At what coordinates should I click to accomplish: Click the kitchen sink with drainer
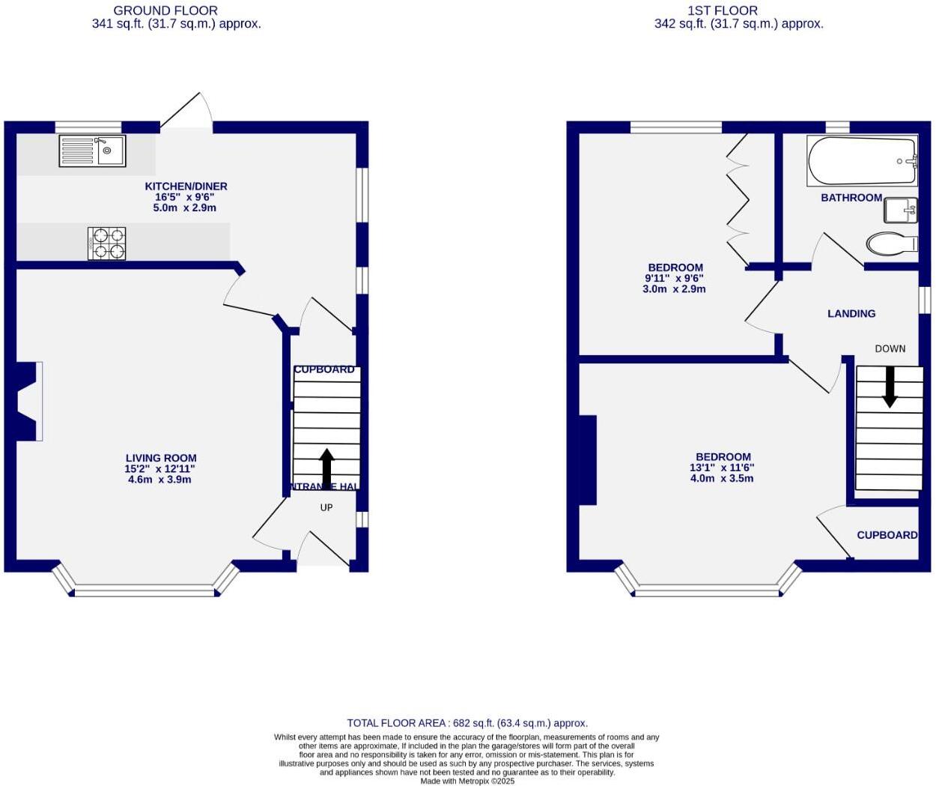(92, 151)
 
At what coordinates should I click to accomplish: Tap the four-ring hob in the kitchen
(106, 244)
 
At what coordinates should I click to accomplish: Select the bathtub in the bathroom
(862, 161)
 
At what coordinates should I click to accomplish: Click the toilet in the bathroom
(891, 244)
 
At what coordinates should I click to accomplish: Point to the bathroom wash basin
(900, 211)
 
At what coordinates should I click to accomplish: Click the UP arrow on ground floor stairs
(326, 468)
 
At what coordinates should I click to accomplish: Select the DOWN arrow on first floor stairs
(890, 387)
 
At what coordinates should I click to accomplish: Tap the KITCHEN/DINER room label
(186, 187)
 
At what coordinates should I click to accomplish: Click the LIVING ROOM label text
(161, 458)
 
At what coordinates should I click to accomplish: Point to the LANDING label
(851, 314)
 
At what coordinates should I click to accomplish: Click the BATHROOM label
(851, 198)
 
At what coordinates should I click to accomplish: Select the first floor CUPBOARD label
(887, 535)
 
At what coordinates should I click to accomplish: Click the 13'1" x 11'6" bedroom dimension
(722, 468)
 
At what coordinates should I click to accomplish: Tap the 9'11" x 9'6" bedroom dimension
(674, 278)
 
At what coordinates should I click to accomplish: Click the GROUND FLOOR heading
(165, 10)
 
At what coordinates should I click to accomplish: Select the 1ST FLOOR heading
(723, 10)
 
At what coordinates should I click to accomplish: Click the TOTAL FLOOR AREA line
(467, 723)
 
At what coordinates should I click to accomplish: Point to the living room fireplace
(28, 401)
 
